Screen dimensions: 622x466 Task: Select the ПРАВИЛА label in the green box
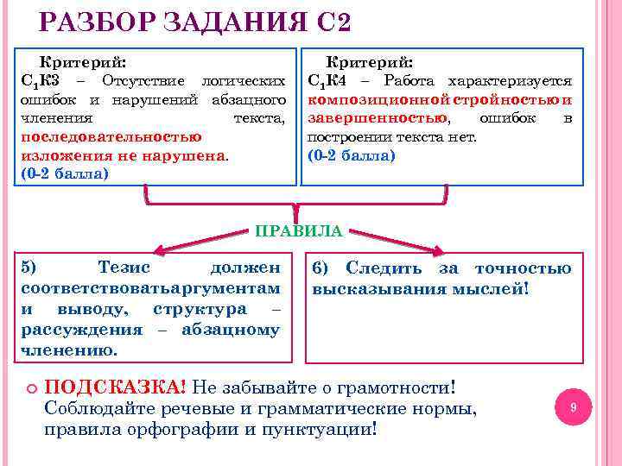[x=298, y=230]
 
